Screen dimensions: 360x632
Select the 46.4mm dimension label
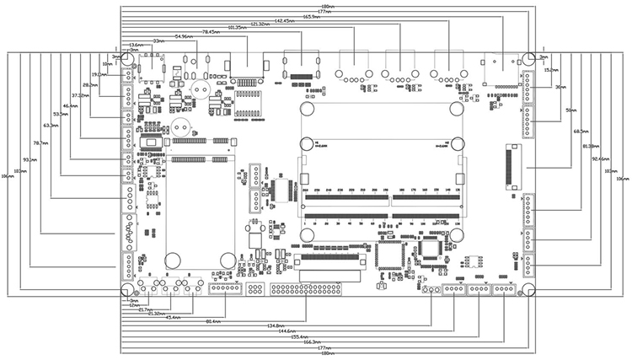pos(70,105)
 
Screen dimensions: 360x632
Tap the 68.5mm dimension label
pos(581,132)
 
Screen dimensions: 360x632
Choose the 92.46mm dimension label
pos(600,158)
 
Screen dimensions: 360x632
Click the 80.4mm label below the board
pos(214,321)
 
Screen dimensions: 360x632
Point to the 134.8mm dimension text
pos(275,325)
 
